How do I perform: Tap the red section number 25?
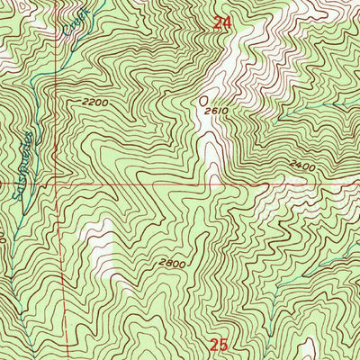[x=220, y=344]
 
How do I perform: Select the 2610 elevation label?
[x=214, y=111]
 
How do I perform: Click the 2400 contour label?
[x=303, y=166]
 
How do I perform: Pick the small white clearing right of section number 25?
[x=308, y=346]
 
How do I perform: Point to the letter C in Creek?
[x=69, y=30]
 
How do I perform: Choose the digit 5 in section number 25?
[x=224, y=344]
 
